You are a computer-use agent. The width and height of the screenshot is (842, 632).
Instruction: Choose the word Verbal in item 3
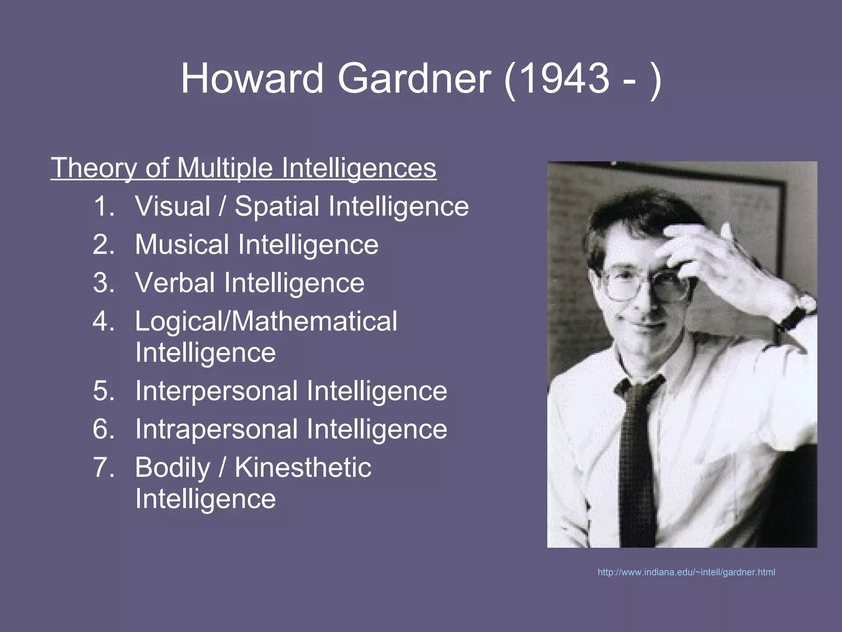tap(175, 283)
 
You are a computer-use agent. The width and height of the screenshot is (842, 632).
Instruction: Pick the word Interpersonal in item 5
tap(216, 390)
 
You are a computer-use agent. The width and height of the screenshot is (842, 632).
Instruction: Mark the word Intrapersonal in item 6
tap(216, 429)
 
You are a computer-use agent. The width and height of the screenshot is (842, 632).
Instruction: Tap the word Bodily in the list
tap(173, 467)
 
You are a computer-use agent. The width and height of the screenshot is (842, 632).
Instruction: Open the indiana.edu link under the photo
tap(686, 572)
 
